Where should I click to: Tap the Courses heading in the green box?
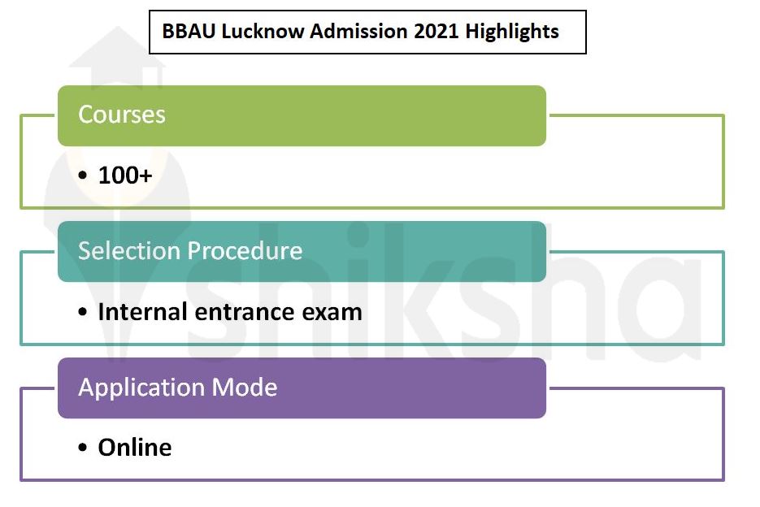(122, 115)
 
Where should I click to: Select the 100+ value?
(125, 175)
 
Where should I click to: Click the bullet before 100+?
(84, 175)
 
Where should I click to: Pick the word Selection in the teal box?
(130, 250)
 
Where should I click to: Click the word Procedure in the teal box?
(246, 250)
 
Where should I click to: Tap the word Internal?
(144, 311)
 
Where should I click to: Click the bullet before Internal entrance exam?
(84, 312)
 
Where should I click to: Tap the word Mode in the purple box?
(246, 387)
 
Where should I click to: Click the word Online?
(135, 448)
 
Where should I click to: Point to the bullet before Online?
(84, 448)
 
